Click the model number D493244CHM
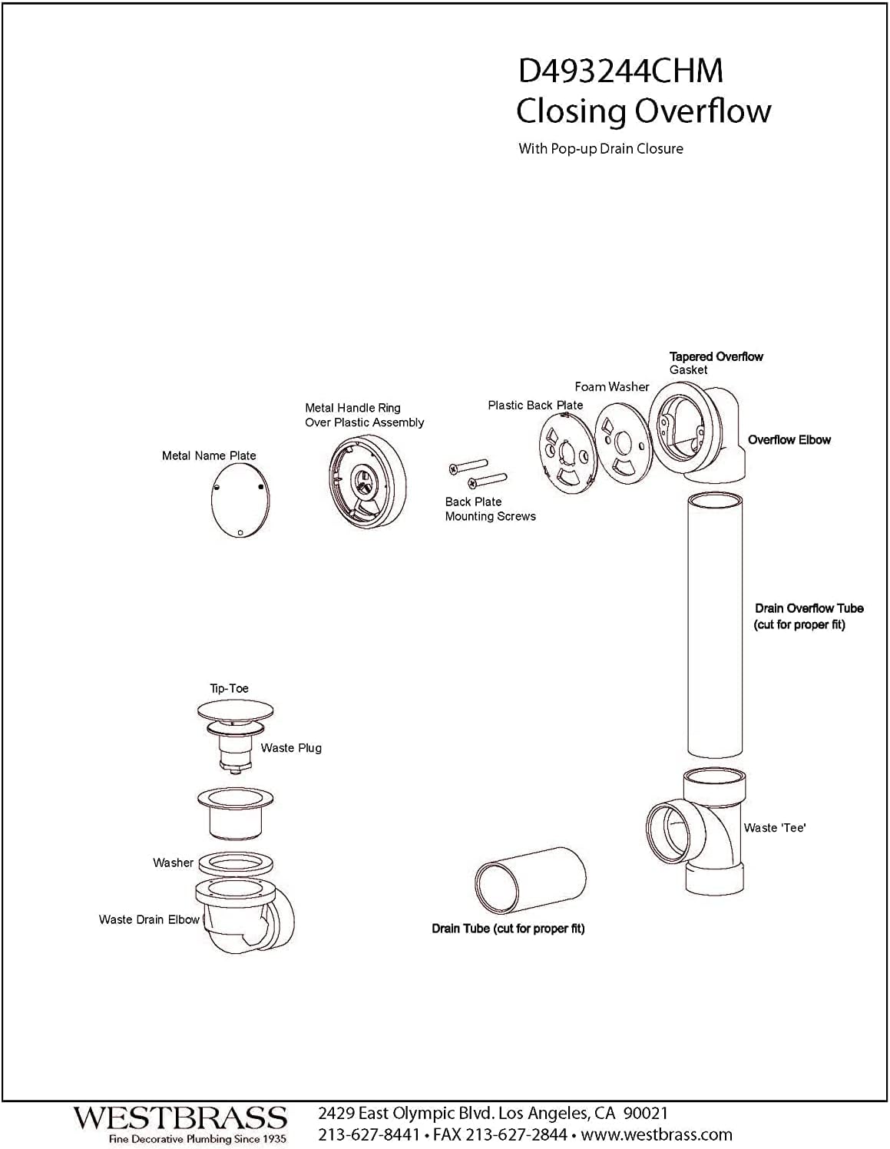click(620, 71)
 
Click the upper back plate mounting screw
click(468, 466)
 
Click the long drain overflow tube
click(714, 626)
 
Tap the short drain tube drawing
click(530, 883)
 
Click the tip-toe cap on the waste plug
click(235, 710)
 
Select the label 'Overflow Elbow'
click(789, 440)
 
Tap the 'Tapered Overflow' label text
click(716, 356)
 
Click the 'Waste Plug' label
click(291, 748)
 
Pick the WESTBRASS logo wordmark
click(180, 1118)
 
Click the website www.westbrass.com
click(657, 1134)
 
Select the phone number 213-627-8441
click(369, 1134)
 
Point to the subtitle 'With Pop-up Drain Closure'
click(601, 149)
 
